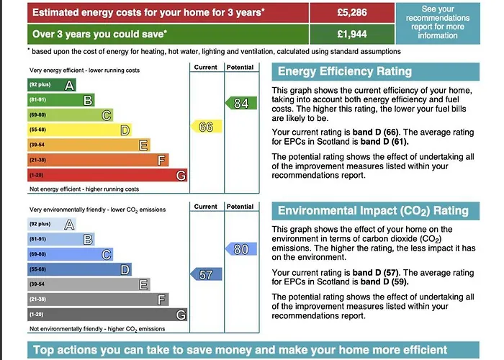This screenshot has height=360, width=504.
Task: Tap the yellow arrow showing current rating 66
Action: click(x=204, y=127)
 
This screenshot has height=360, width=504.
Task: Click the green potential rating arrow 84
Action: click(x=240, y=103)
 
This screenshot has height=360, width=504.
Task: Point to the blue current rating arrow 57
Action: click(x=204, y=274)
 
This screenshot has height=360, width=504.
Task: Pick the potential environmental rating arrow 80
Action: click(x=240, y=249)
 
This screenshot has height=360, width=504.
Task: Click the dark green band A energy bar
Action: click(x=50, y=85)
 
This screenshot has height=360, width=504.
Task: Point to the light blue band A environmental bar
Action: click(x=50, y=224)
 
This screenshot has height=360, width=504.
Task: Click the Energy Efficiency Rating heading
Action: click(x=345, y=71)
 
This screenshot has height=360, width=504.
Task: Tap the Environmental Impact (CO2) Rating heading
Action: click(x=373, y=211)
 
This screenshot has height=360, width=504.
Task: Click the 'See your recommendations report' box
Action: click(x=437, y=22)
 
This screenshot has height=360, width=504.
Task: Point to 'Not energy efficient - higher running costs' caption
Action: click(x=84, y=189)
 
